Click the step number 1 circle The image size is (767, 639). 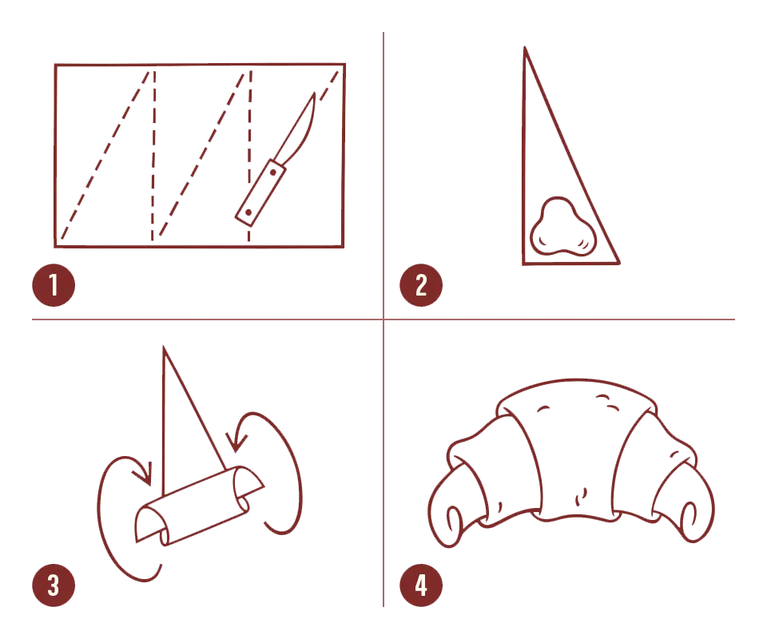54,285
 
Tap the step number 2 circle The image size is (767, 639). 421,285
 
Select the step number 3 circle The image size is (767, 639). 54,585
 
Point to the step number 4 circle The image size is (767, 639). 421,585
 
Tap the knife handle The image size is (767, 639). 260,193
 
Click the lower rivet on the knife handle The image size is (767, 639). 248,212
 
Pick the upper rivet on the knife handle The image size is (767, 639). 273,172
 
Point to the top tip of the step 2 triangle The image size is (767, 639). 525,47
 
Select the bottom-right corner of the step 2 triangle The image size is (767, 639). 619,263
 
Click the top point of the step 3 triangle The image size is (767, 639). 164,347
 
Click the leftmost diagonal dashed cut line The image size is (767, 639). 104,156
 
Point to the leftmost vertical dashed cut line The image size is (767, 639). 153,156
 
